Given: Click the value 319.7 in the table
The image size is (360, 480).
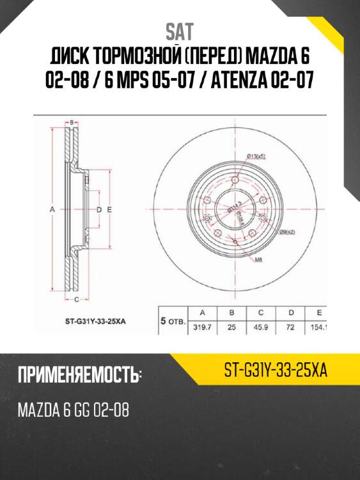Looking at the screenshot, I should pos(203,328).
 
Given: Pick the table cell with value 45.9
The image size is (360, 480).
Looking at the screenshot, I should pos(261,328).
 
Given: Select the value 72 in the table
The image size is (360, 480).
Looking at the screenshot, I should pos(291,328).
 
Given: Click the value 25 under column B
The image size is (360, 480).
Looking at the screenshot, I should pos(232,328).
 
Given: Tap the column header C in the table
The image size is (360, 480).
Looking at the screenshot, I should pos(261,313).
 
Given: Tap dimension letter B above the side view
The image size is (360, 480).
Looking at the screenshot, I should pos(73,121).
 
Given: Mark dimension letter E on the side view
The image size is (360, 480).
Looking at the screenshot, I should pos(110,209).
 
